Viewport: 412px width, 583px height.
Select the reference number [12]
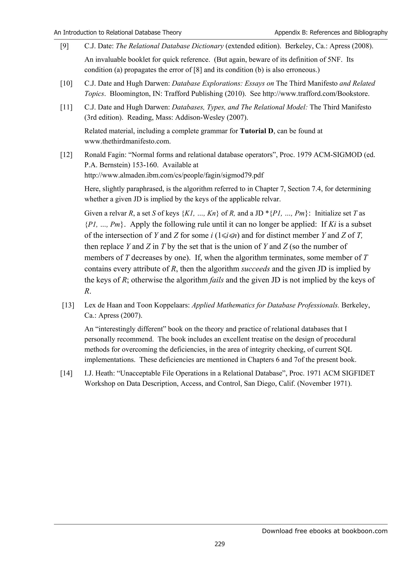[x=66, y=155]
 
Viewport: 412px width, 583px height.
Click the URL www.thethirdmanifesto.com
[x=127, y=141]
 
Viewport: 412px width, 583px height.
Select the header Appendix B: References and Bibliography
[x=331, y=33]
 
